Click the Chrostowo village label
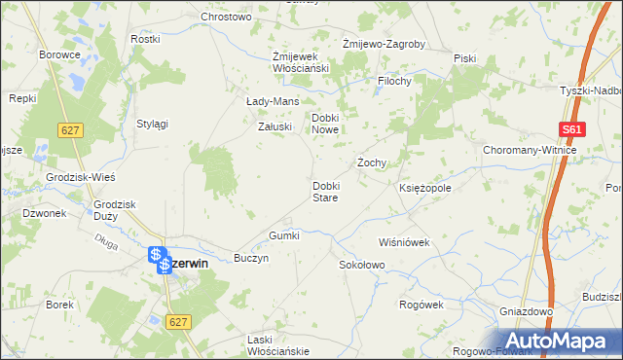226,17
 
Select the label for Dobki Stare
325,191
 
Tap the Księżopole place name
424,187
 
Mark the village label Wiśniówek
404,242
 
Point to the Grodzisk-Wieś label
81,177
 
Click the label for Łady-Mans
272,101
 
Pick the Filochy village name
395,81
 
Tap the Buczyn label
251,259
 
